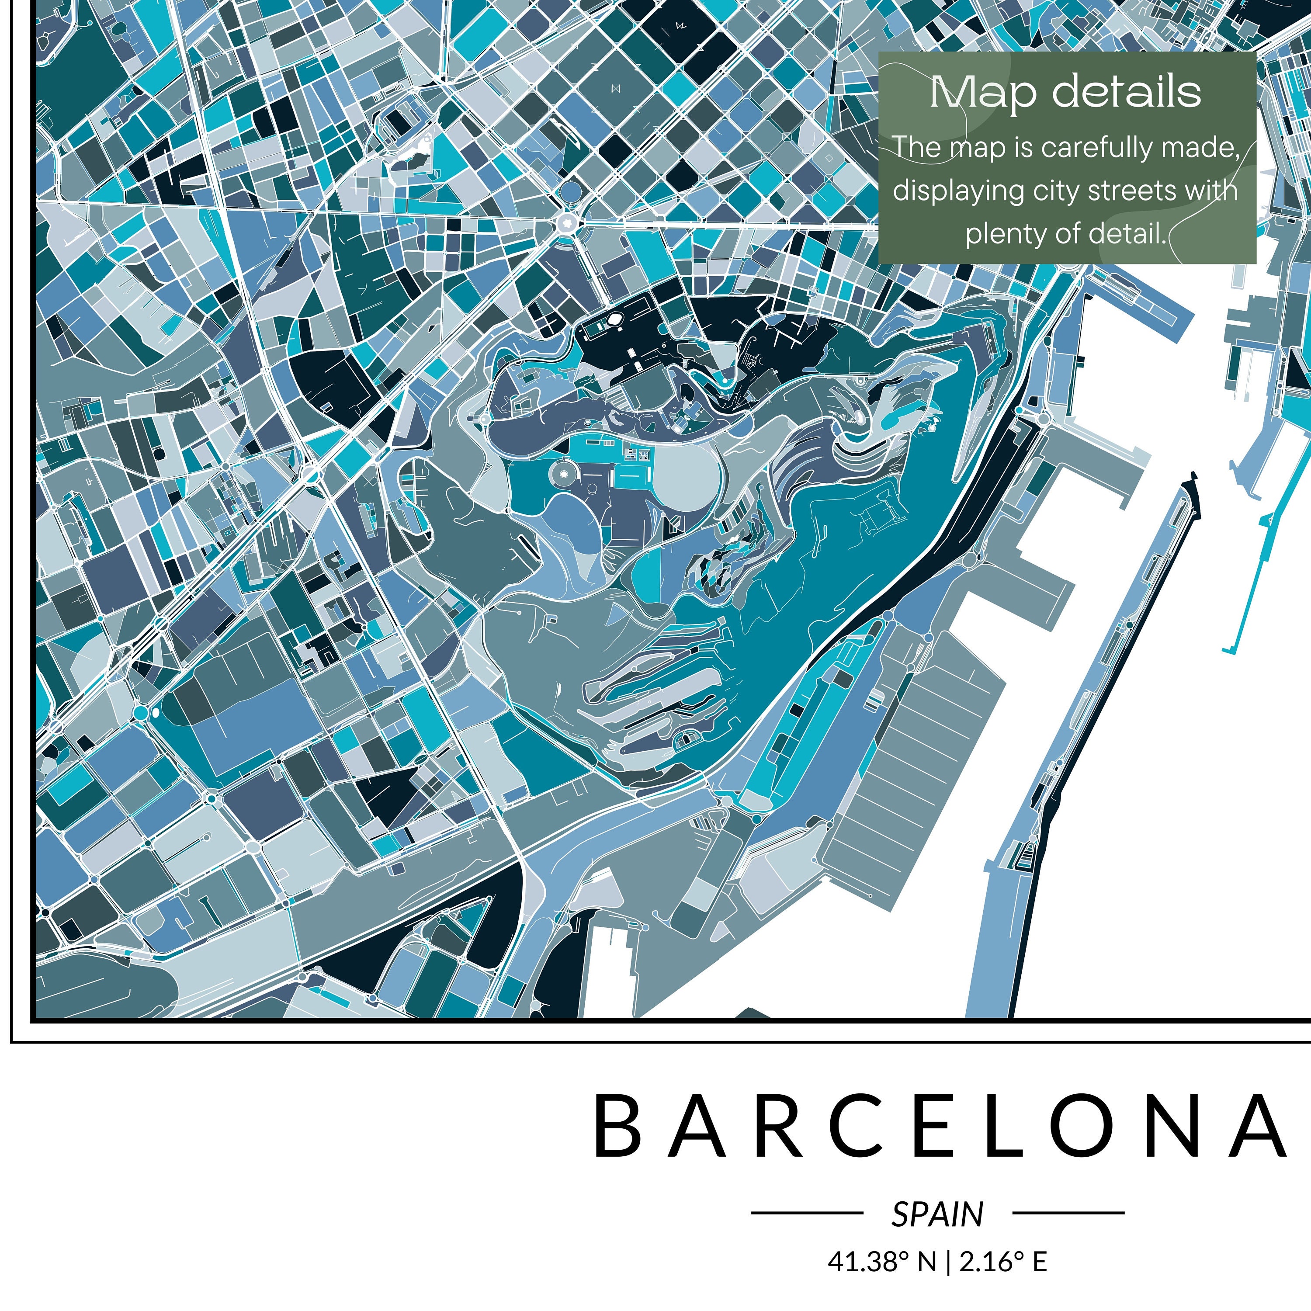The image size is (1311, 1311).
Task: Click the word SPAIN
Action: (937, 1214)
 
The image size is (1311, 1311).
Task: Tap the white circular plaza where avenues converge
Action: (566, 222)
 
